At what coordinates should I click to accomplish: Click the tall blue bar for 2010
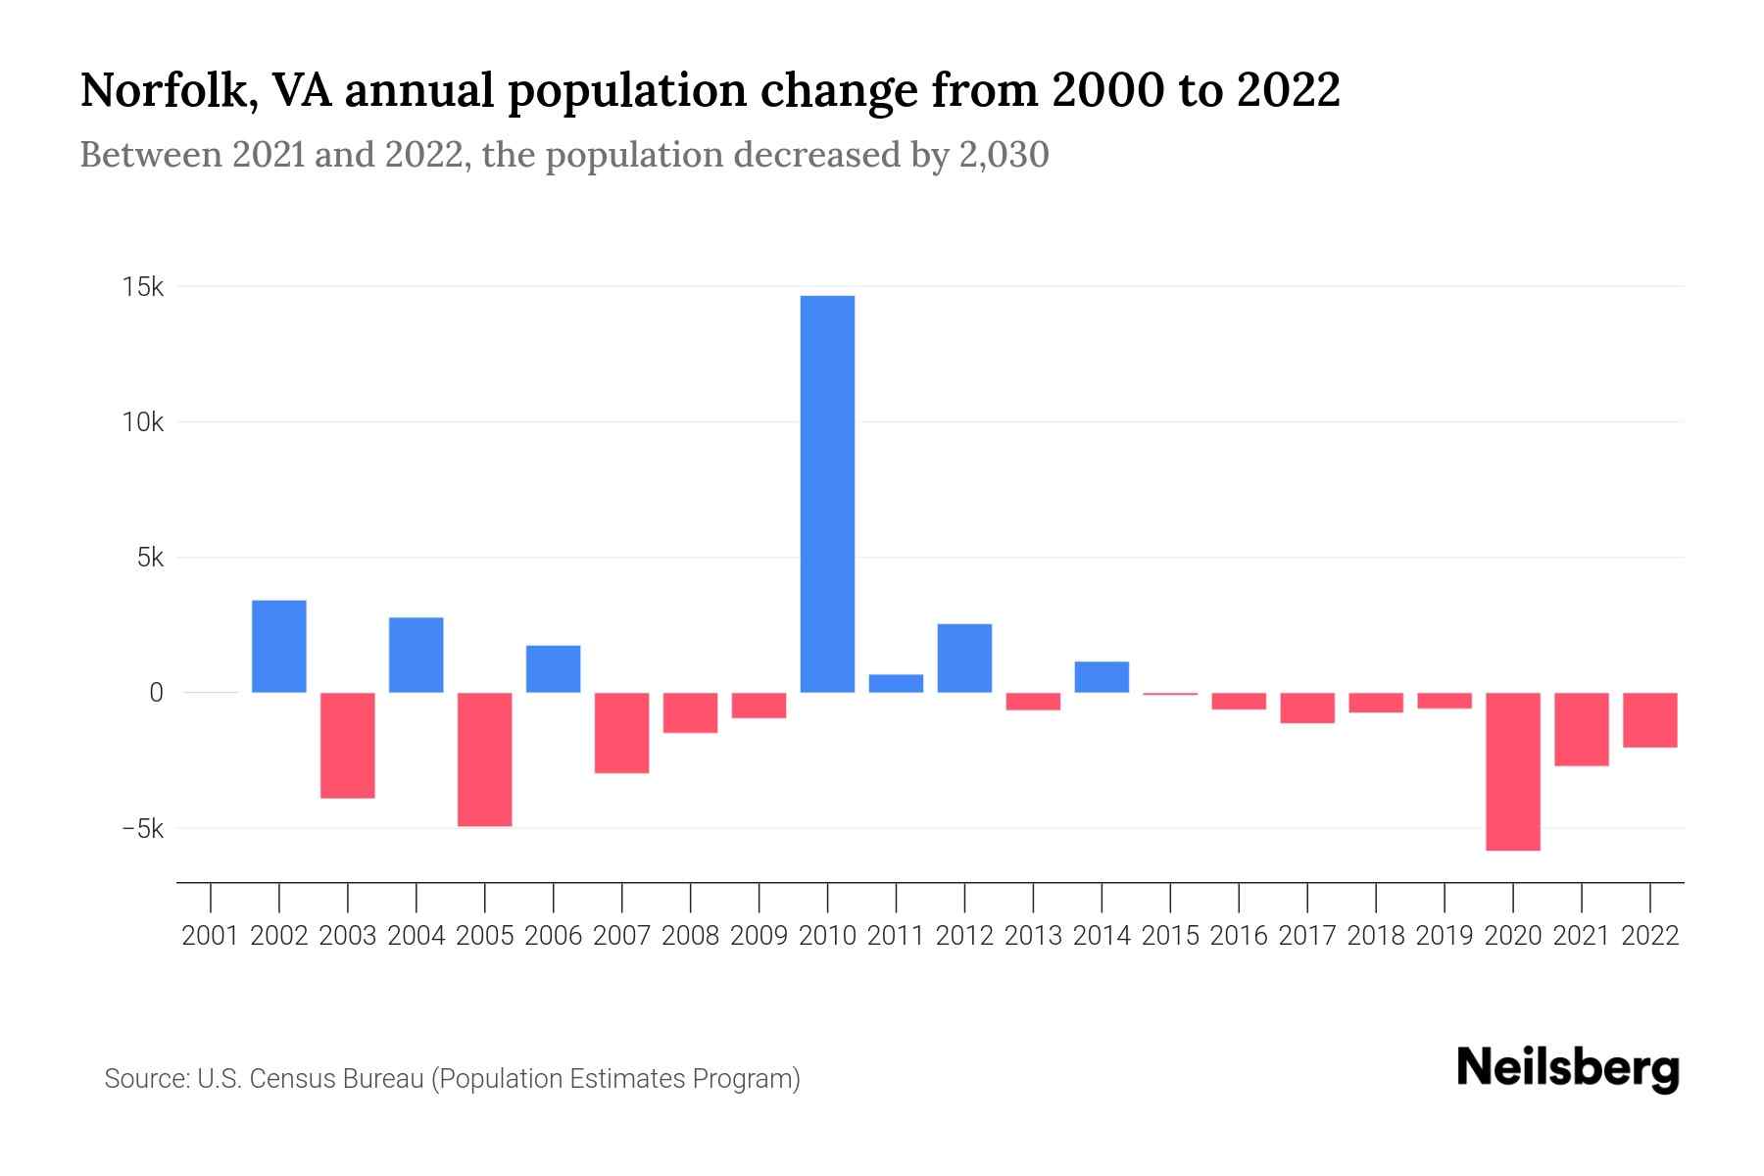827,494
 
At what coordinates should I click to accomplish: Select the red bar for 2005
485,759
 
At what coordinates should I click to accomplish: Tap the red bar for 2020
1513,771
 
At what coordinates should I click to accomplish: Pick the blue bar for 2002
279,647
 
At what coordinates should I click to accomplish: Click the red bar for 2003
348,746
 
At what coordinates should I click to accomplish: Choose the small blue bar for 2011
896,683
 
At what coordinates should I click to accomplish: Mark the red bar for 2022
1650,720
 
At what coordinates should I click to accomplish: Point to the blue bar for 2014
1102,677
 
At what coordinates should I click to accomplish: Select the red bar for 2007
622,733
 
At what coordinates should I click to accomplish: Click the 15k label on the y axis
143,287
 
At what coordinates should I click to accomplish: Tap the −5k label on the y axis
142,829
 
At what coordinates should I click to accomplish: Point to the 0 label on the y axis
156,693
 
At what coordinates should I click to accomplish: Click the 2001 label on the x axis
211,936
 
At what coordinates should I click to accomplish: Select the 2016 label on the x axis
1239,936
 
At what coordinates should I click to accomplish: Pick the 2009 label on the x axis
759,936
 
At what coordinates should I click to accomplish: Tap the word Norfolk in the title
156,91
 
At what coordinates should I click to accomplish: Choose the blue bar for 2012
964,659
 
